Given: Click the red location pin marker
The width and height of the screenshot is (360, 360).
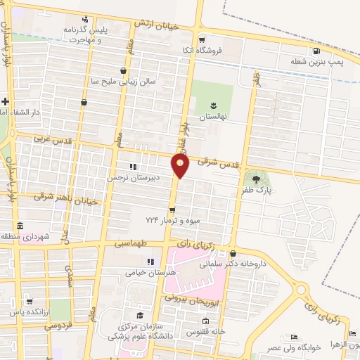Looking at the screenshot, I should click(x=181, y=166).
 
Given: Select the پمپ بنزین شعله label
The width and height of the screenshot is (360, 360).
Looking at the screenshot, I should click(x=318, y=62).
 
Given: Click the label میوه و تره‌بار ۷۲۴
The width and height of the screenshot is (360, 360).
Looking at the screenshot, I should click(x=173, y=221).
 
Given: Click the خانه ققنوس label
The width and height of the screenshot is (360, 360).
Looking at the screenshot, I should click(x=205, y=330).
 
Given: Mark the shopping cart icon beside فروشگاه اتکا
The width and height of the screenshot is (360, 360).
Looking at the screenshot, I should click(x=202, y=40).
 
